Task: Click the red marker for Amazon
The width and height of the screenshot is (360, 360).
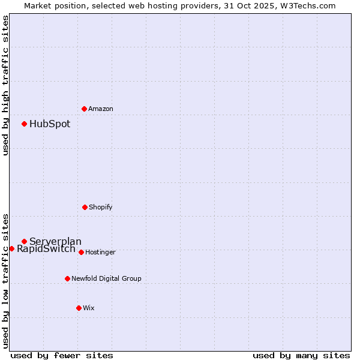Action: [84, 109]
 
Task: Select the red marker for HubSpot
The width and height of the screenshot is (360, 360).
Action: [24, 124]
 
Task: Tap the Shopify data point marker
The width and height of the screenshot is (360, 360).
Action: [85, 207]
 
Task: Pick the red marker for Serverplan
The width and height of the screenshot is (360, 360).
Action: [24, 241]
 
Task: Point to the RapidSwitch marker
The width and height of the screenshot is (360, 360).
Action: [11, 248]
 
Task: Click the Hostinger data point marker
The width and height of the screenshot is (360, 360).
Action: [81, 252]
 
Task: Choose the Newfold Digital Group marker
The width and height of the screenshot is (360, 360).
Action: [67, 278]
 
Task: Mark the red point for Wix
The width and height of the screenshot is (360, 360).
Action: [79, 308]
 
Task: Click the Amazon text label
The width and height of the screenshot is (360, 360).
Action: [101, 109]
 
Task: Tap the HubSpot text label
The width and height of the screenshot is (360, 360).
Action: [50, 124]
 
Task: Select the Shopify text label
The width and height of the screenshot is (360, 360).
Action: [101, 207]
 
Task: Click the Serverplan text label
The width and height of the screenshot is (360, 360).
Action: [55, 241]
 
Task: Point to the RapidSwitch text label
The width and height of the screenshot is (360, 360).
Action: [46, 248]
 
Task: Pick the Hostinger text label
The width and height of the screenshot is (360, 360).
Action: [100, 252]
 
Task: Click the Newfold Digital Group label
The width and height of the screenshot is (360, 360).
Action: [106, 278]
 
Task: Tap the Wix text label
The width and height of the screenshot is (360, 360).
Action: [89, 308]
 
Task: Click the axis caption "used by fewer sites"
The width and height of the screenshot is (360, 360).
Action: [62, 355]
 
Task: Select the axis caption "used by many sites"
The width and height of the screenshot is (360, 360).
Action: [301, 355]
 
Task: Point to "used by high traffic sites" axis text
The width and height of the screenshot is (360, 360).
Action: [5, 85]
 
